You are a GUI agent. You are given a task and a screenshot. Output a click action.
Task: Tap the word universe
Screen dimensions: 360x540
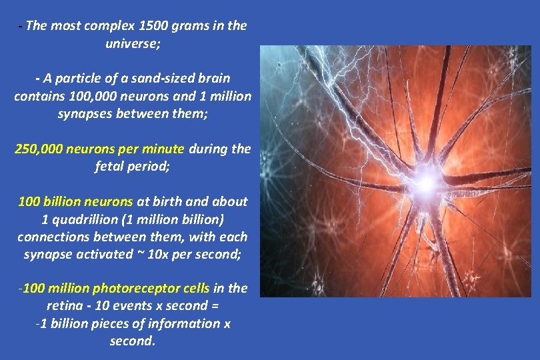click(x=130, y=44)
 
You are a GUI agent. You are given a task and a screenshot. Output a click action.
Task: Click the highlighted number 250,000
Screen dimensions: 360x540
click(x=40, y=149)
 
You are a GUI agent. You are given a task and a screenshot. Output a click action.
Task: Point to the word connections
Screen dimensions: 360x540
click(x=51, y=237)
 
